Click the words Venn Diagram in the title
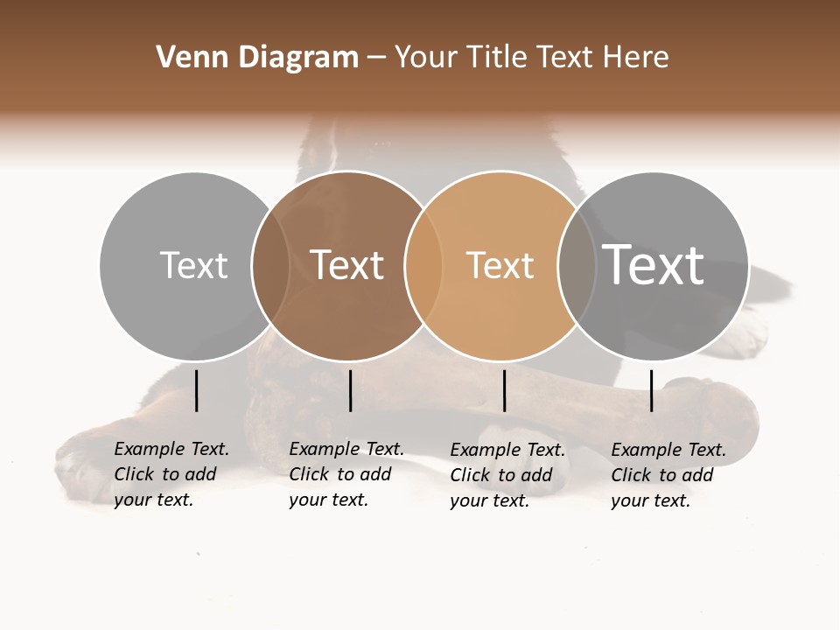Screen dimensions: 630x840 click(x=257, y=58)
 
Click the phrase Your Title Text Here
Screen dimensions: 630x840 click(x=531, y=58)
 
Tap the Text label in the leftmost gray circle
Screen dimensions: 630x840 click(x=193, y=265)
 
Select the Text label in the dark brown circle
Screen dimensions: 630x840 click(x=347, y=265)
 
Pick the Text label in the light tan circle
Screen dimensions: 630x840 click(x=500, y=265)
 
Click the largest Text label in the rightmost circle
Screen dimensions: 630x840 click(x=654, y=264)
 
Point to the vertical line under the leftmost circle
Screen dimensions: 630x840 click(x=197, y=390)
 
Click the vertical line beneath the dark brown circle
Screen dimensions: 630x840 click(x=350, y=390)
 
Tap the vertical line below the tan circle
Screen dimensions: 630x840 click(x=504, y=390)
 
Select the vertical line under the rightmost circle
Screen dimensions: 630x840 click(x=652, y=390)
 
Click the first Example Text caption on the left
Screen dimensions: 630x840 click(x=171, y=474)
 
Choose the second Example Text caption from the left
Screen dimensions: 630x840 click(x=346, y=474)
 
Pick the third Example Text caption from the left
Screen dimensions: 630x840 click(x=507, y=475)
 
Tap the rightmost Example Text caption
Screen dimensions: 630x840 click(x=668, y=475)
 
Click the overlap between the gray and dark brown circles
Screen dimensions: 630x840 click(x=270, y=265)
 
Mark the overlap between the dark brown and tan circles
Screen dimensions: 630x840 click(x=423, y=265)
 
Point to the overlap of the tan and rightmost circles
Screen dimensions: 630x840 click(x=576, y=265)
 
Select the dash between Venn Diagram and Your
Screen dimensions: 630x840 click(x=376, y=58)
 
